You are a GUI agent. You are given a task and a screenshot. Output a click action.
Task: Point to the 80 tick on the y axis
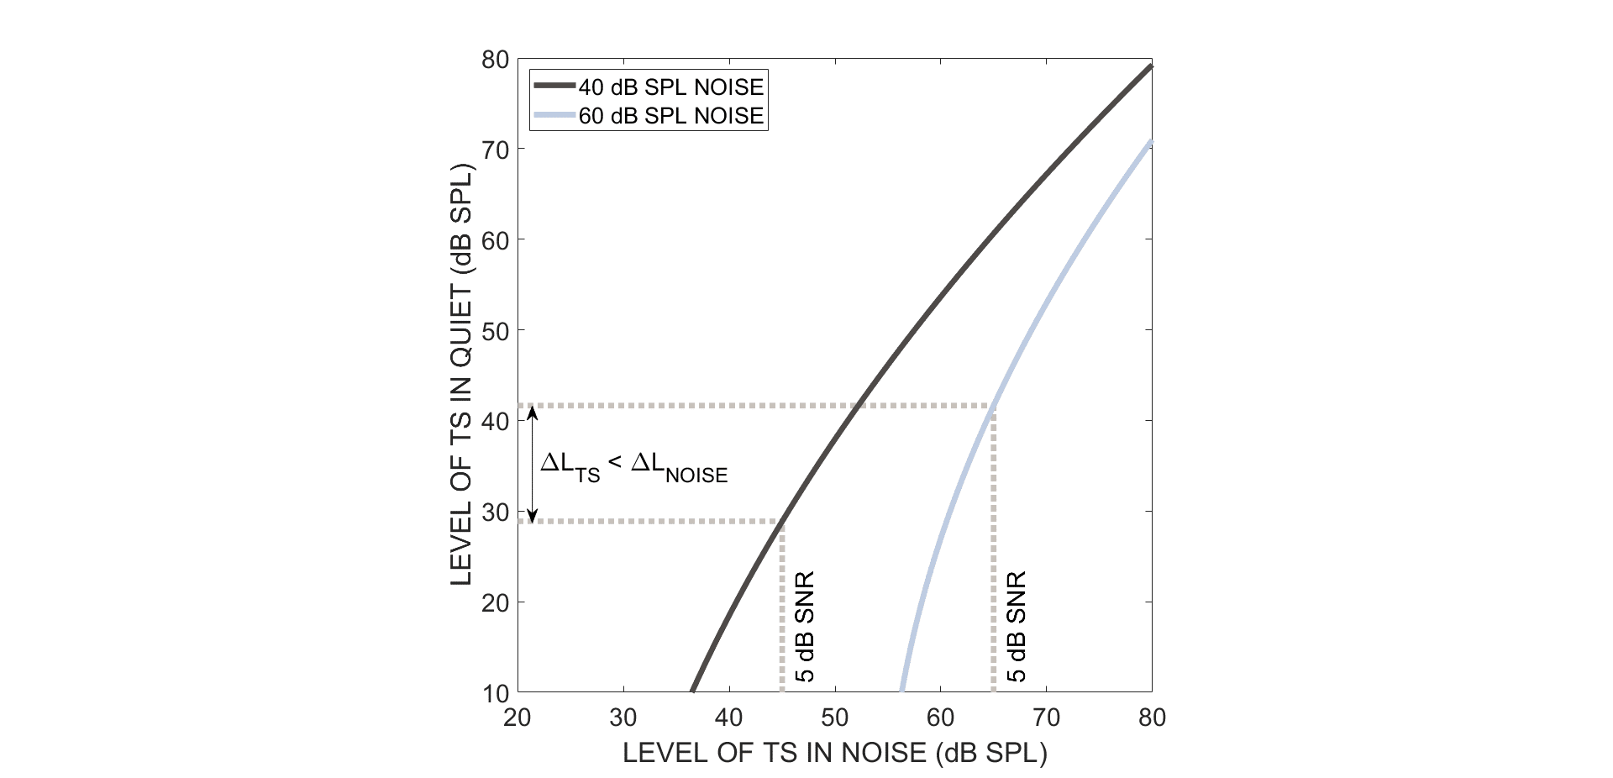tap(495, 60)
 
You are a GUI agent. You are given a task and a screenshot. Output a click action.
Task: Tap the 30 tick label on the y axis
tap(495, 512)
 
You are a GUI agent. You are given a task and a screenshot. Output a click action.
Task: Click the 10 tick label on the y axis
tap(495, 693)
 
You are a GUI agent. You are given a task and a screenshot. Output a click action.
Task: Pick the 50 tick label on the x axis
tap(834, 718)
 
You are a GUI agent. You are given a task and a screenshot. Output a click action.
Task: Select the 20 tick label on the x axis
tap(518, 718)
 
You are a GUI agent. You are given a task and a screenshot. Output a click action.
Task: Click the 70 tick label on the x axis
tap(1046, 718)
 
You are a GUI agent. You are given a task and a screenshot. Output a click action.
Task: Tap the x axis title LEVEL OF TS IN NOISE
tap(834, 753)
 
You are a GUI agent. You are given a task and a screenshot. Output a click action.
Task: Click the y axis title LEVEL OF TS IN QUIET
tap(461, 375)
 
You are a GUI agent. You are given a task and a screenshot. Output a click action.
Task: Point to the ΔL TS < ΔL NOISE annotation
tap(633, 466)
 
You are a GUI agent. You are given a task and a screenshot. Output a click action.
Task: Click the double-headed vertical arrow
tap(533, 464)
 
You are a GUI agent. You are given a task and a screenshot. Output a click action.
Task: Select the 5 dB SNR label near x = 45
tap(805, 627)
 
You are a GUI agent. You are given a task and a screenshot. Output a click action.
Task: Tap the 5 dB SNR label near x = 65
tap(1017, 627)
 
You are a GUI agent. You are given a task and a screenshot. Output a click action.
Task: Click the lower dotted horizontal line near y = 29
tap(651, 522)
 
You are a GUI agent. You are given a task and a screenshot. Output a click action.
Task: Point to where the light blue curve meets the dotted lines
tap(994, 407)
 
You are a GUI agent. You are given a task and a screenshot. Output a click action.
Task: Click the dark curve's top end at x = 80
tap(1150, 66)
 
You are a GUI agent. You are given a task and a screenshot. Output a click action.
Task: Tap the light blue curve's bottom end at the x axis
tap(902, 690)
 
